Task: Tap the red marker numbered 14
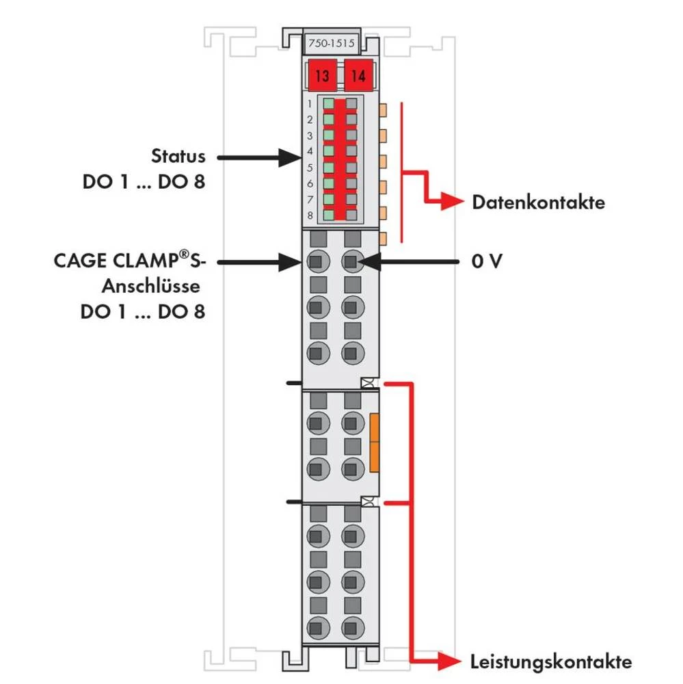point(358,75)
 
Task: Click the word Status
point(178,156)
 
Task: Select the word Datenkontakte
point(538,202)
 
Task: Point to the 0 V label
point(487,261)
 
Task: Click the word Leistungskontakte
point(550,661)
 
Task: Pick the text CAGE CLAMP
point(122,261)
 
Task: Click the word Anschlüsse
point(151,286)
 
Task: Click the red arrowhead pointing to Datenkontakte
point(454,202)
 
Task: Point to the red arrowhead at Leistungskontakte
point(451,661)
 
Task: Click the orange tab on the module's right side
point(374,442)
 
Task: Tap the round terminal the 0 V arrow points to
point(351,261)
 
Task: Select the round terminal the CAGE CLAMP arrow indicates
point(316,261)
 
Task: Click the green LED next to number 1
point(329,104)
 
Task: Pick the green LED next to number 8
point(329,215)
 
